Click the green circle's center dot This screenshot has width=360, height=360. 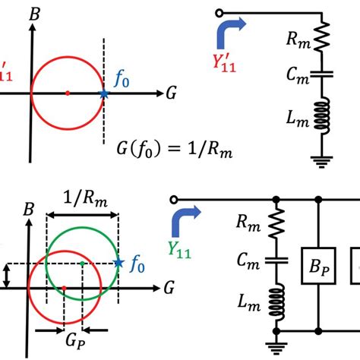82,264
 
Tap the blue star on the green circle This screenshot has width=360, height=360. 118,264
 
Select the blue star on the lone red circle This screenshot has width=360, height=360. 104,93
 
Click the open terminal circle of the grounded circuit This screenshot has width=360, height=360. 219,12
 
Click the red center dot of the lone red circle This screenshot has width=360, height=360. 68,93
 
